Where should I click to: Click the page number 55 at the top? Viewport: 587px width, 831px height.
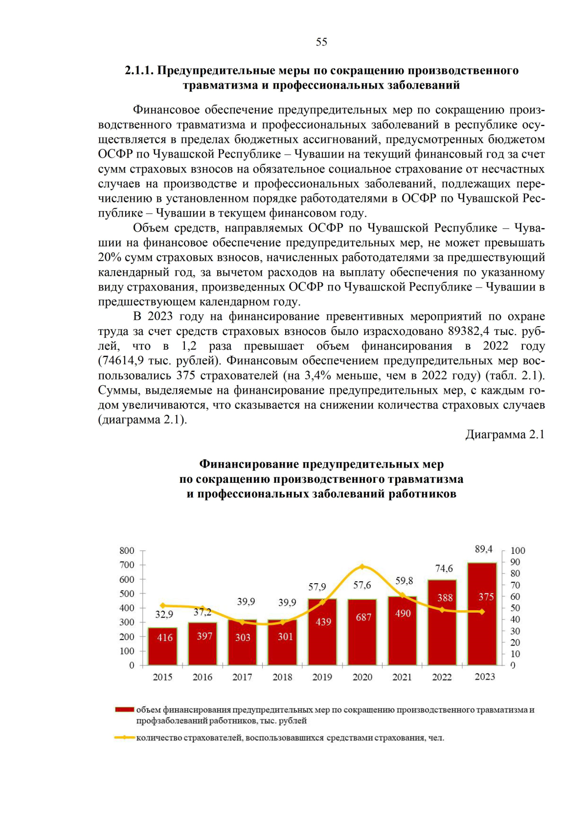(321, 42)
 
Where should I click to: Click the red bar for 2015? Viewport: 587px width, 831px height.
(163, 646)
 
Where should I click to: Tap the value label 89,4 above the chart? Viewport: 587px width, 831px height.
(483, 549)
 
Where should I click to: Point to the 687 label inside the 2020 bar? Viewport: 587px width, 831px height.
(363, 617)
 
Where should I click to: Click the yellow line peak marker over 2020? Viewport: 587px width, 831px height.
(362, 567)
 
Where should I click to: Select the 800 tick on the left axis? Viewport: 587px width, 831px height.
(127, 550)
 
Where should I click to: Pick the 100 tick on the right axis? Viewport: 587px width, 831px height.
(518, 551)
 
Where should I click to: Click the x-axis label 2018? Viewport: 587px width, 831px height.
(282, 677)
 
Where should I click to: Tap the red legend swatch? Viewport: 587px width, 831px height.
(124, 710)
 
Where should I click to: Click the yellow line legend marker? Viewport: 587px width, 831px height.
(125, 737)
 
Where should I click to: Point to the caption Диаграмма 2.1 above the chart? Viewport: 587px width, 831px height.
(504, 434)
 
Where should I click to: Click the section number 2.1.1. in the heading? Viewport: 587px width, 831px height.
(139, 71)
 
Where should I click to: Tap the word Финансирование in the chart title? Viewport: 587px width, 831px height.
(249, 464)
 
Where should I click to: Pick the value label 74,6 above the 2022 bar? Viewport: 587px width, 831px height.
(444, 569)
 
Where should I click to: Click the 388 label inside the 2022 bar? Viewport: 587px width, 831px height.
(445, 598)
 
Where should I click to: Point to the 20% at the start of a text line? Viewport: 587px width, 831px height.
(109, 258)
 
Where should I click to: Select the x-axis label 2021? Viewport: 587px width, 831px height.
(402, 677)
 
